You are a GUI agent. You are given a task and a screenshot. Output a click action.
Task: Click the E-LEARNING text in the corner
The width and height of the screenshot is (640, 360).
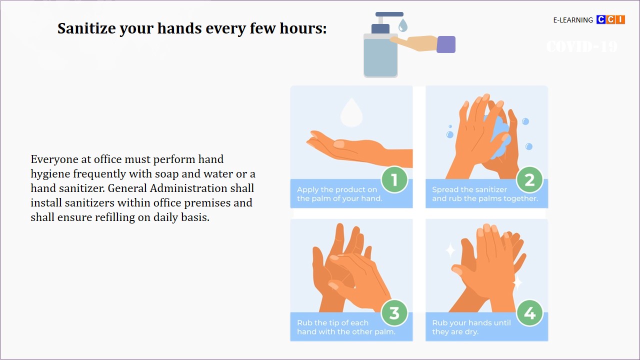pos(573,20)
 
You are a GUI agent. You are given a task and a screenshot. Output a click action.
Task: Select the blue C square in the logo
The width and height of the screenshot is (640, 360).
pos(601,19)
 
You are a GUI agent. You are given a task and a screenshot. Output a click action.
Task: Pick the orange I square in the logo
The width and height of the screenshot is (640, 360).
pos(620,19)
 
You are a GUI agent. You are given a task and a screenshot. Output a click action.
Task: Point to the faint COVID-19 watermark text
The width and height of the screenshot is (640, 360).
pos(582,46)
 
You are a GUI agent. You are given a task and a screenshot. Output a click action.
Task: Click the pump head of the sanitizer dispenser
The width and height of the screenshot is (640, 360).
pos(389,14)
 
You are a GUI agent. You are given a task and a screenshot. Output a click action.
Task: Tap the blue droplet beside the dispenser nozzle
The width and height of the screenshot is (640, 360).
pos(403,25)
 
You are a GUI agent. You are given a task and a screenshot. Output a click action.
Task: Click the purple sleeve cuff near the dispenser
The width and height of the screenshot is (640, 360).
pos(446,44)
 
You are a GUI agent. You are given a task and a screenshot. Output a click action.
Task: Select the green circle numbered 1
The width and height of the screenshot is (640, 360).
pos(394,179)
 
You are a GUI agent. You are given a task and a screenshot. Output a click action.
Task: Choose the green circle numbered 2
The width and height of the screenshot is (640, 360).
pos(529,179)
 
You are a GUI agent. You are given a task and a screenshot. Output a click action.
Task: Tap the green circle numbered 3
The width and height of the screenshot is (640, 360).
pos(394,313)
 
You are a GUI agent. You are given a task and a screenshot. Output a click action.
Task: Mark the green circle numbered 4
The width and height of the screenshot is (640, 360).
pos(529,313)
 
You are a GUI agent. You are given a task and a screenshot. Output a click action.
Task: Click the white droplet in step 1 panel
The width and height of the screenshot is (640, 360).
pos(351,112)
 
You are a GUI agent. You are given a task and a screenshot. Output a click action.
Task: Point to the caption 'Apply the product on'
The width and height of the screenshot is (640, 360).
pos(337,189)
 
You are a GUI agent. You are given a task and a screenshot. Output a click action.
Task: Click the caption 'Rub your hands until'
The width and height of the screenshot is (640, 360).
pos(471,323)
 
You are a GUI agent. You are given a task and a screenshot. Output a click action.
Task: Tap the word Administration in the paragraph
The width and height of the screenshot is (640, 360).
pos(202,188)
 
